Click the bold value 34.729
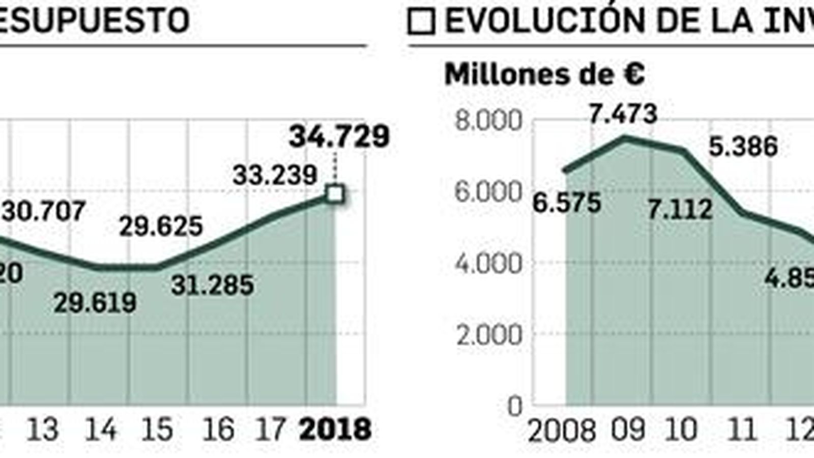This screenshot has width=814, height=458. tap(339, 136)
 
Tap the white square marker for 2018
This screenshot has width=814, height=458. tap(335, 194)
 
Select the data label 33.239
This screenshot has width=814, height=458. tap(275, 176)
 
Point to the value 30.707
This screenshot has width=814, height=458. tap(43, 211)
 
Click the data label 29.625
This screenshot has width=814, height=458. tap(161, 226)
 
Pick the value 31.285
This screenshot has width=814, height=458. tap(212, 285)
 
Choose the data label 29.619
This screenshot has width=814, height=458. tap(95, 303)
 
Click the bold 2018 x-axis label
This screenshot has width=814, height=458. tap(335, 430)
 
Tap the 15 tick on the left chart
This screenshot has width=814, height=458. tap(157, 430)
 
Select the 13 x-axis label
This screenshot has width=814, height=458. tap(42, 430)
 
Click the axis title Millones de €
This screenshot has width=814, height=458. tap(544, 75)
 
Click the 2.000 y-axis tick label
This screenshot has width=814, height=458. tap(489, 335)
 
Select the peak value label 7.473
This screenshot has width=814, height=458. tap(623, 113)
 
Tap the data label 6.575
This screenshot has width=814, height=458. tap(567, 203)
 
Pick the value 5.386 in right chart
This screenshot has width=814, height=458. tap(743, 147)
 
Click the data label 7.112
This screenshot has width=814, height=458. tap(680, 209)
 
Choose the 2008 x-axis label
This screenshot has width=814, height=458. tap(562, 431)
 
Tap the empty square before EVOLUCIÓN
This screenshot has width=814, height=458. tap(421, 22)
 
